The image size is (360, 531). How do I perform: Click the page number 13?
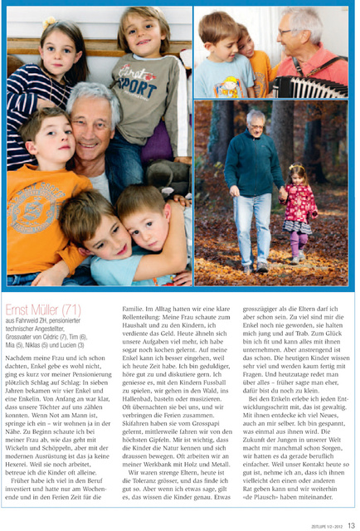pos(351,524)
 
